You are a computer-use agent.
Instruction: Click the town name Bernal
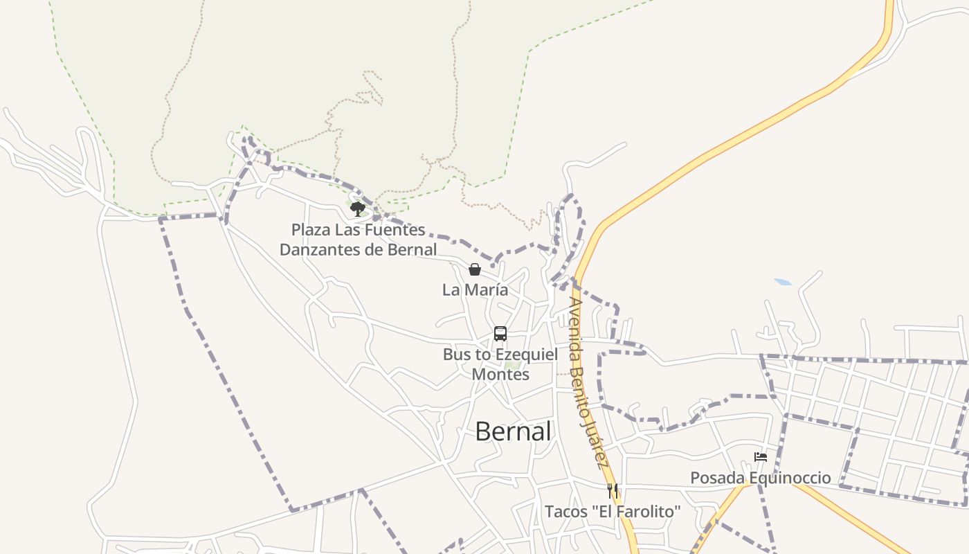pos(513,431)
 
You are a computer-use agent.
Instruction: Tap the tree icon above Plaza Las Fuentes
pos(357,208)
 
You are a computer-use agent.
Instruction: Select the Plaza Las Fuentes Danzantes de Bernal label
pos(358,240)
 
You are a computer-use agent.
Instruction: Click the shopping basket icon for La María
pos(475,269)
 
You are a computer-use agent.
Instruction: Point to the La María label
pos(475,290)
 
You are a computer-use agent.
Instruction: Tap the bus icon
pos(500,334)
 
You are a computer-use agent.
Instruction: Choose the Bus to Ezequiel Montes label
pos(500,364)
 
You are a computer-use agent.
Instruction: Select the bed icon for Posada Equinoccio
pos(761,457)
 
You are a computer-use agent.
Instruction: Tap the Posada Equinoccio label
pos(761,478)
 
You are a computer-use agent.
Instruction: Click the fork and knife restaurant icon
pos(613,491)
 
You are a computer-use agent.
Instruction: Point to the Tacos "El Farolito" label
pos(613,512)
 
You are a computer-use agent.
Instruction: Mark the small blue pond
pos(784,283)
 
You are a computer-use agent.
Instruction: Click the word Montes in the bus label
pos(500,375)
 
